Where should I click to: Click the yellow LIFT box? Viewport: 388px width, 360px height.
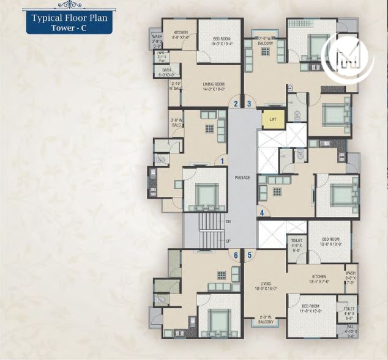point(273,119)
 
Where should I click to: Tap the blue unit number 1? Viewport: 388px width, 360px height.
point(223,161)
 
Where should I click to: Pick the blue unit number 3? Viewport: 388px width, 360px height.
point(249,103)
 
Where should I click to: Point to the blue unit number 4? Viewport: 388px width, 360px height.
point(262,213)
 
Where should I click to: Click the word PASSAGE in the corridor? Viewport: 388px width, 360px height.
point(242,177)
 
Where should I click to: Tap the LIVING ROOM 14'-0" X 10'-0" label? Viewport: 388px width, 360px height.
point(214,86)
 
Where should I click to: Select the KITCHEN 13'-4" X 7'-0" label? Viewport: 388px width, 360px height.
point(319,279)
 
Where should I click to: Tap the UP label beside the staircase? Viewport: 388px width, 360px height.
point(228,241)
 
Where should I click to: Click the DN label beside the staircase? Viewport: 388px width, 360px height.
point(228,221)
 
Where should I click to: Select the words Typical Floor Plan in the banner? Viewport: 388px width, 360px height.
point(70,18)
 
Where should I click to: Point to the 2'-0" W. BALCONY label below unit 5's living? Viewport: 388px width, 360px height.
point(265,319)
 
